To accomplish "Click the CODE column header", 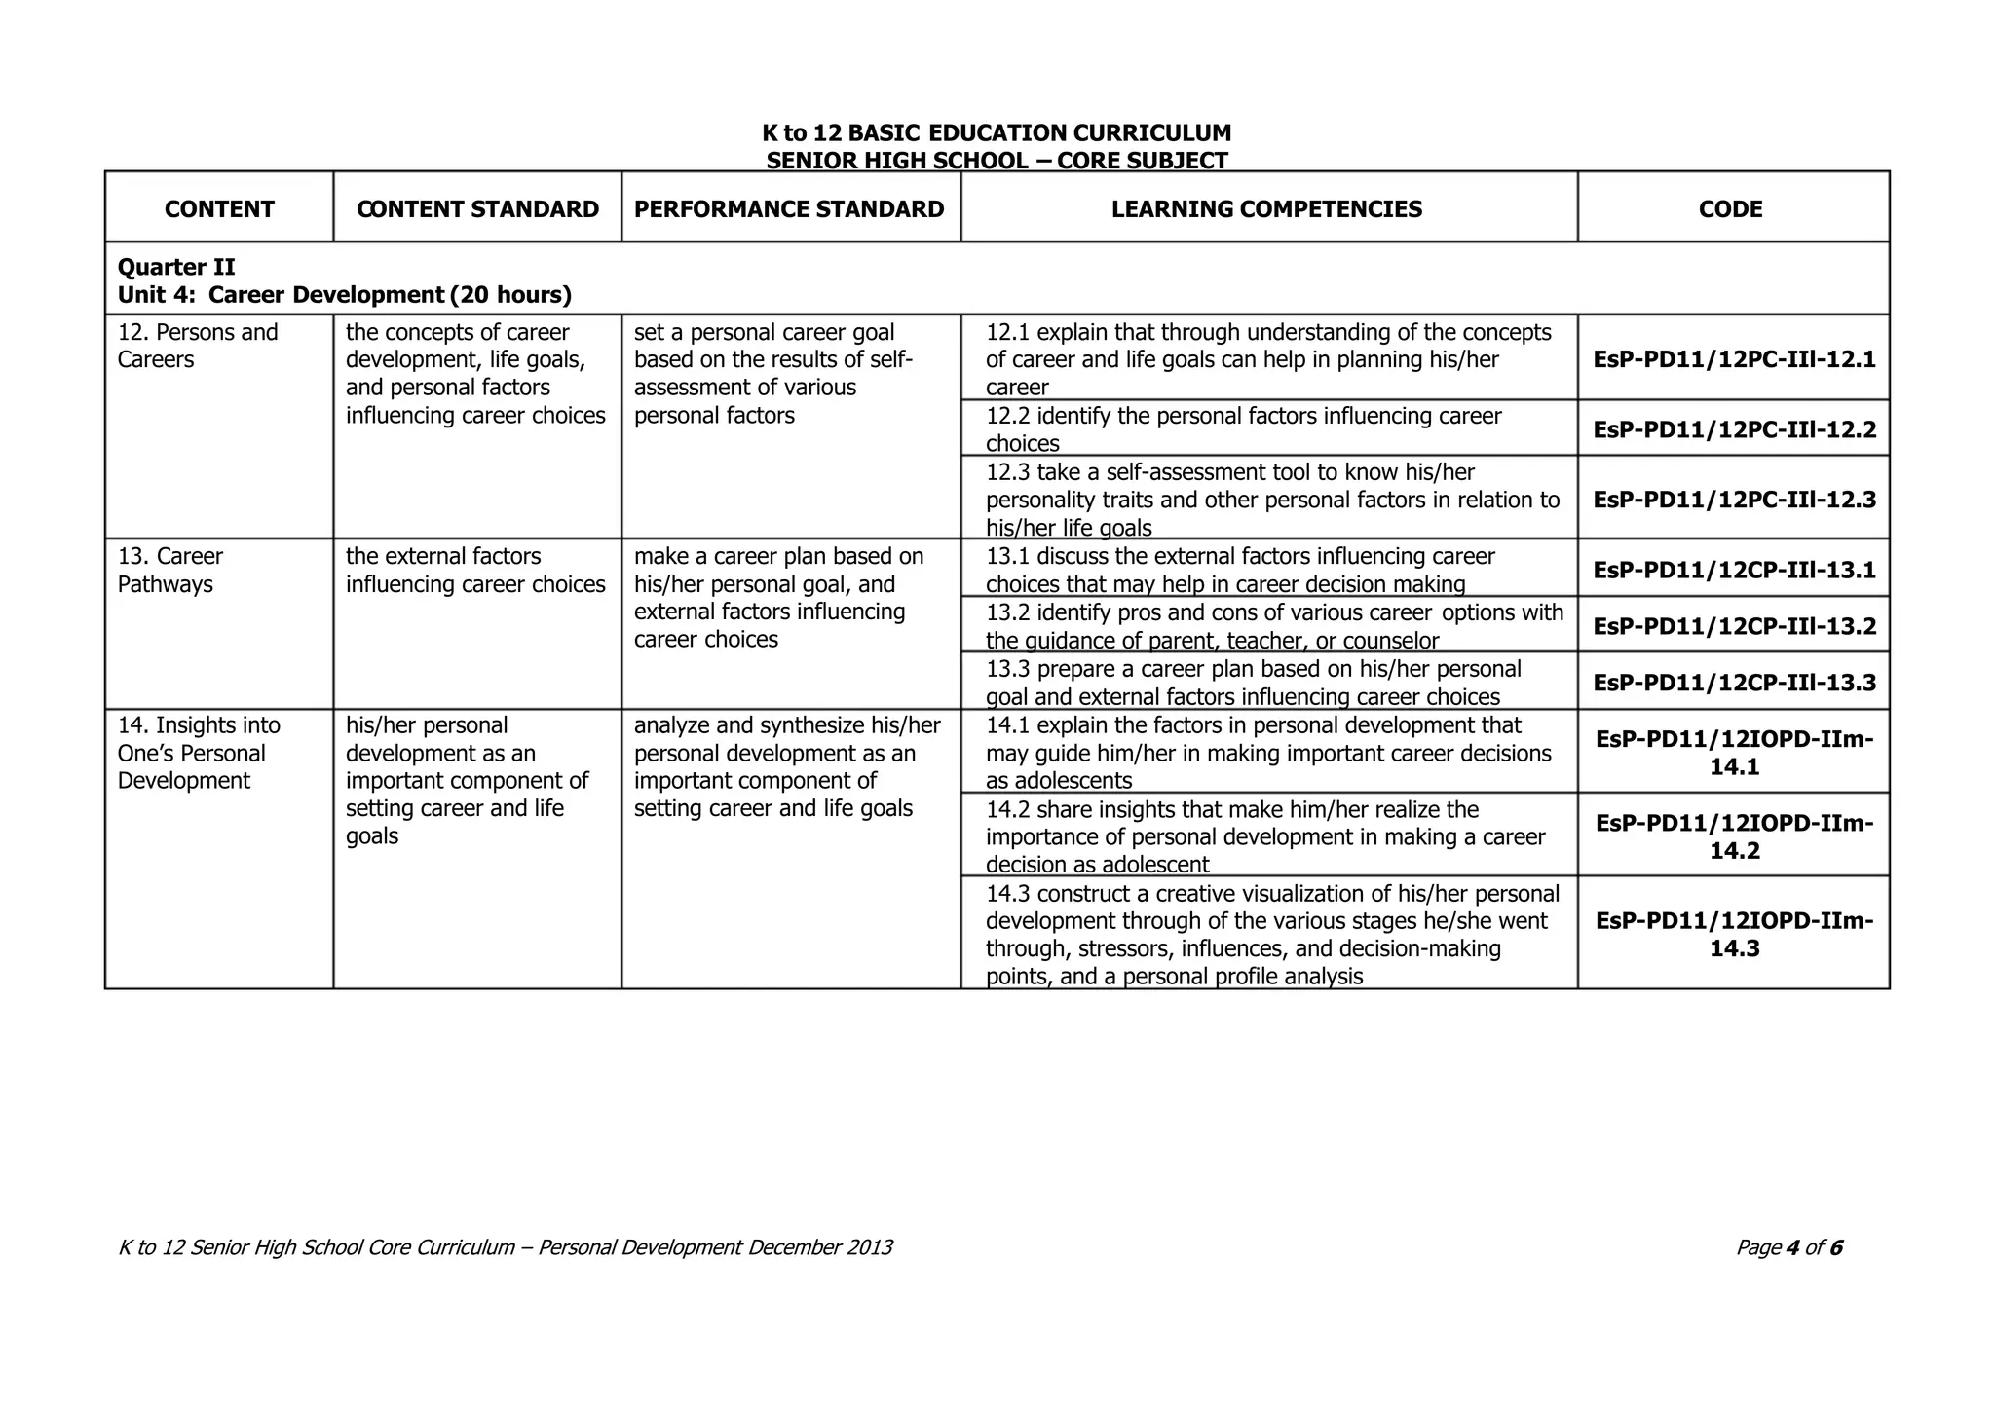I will [1730, 209].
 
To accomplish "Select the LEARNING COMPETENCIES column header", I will [1266, 209].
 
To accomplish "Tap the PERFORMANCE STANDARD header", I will [789, 209].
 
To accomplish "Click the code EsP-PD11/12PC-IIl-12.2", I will [1734, 429].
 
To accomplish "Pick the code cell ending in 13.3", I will [1734, 683].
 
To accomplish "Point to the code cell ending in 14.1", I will [1734, 753].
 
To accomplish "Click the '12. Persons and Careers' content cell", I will [198, 346].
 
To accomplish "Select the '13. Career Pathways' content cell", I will [170, 571].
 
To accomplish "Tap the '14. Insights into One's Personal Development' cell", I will [199, 753].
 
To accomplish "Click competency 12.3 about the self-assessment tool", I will [1271, 500].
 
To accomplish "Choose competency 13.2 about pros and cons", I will [1273, 626].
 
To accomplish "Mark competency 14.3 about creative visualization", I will [1271, 935].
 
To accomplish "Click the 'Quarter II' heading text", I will [176, 267].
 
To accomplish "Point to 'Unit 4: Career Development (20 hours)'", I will [344, 295].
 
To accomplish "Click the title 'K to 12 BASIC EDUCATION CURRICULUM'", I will [996, 133].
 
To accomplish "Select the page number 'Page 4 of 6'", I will [1788, 1247].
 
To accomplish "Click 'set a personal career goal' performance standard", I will [764, 333].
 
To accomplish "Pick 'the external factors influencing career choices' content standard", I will [475, 571].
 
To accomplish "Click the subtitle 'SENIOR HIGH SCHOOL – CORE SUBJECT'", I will [996, 161].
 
